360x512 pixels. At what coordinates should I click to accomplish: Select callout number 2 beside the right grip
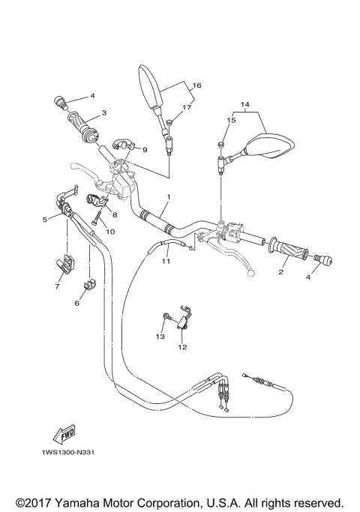[282, 272]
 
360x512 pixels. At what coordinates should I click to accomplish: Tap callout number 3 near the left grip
[104, 112]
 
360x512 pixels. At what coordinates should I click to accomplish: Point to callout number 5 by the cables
[45, 220]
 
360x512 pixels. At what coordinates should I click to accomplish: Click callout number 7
[58, 286]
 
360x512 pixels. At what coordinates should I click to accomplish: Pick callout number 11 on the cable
[166, 261]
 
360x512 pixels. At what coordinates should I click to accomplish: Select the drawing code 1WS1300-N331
[63, 452]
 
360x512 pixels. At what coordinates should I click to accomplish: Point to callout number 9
[144, 149]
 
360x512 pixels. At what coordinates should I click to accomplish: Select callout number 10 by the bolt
[111, 232]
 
